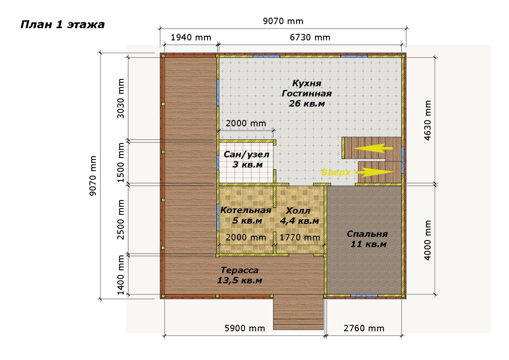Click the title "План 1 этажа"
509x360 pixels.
(62, 25)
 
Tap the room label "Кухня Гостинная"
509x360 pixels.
(307, 89)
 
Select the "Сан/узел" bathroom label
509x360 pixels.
(247, 154)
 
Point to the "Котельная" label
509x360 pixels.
(246, 210)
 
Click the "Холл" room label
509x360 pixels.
(298, 210)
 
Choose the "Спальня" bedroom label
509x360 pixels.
(367, 234)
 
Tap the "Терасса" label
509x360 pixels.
(240, 270)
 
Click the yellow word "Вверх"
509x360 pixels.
(336, 172)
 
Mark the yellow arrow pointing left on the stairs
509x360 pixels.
(373, 148)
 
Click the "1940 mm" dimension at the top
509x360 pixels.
(191, 37)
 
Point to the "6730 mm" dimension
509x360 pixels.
(310, 37)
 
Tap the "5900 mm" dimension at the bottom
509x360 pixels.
(245, 328)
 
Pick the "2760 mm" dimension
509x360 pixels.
(364, 328)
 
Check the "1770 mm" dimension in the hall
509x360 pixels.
(300, 237)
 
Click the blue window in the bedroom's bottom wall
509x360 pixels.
(364, 296)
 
